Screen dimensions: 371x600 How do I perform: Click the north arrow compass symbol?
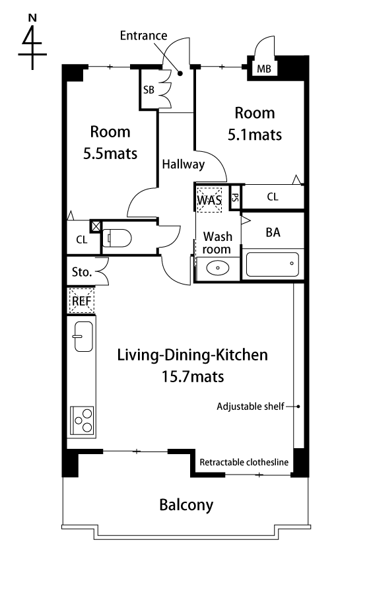pos(32,42)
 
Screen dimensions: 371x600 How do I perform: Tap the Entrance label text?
pos(143,36)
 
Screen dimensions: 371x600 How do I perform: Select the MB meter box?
pos(264,69)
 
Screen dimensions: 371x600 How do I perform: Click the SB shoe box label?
pos(149,90)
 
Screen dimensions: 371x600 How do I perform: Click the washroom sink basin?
pos(217,267)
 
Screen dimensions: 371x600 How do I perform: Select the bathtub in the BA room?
pos(272,264)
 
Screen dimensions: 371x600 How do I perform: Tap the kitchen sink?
pos(83,337)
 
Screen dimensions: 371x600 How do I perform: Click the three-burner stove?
pos(82,420)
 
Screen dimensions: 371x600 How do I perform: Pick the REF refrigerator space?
pos(81,301)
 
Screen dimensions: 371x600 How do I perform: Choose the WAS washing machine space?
pos(209,199)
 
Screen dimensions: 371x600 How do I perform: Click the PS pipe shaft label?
pos(235,197)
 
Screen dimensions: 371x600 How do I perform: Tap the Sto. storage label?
pos(82,272)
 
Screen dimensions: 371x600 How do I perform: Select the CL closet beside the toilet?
pos(82,240)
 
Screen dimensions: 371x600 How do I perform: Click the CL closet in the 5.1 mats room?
pos(273,197)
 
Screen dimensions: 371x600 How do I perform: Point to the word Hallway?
pos(184,164)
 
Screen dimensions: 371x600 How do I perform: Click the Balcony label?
pos(186,505)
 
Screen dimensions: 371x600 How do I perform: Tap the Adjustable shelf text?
pos(250,407)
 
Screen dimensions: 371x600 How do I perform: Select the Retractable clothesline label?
pos(244,462)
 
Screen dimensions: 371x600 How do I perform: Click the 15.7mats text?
pos(193,377)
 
